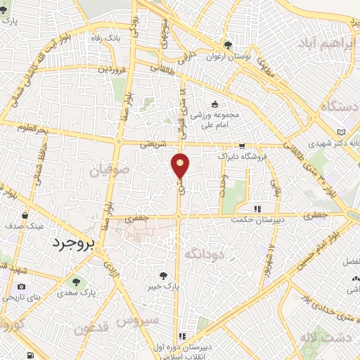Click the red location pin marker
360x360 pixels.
pos(181,165)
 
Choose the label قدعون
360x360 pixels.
pos(92,328)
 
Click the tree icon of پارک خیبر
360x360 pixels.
pos(164,276)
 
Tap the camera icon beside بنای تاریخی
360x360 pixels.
pos(22,287)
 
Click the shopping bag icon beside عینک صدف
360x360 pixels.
pos(25,215)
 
